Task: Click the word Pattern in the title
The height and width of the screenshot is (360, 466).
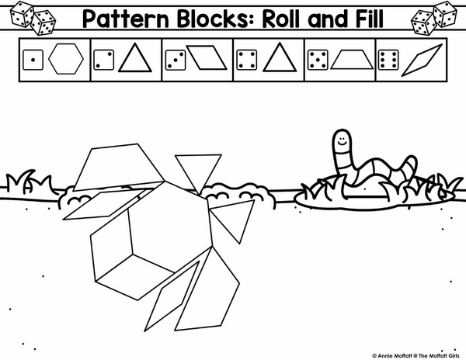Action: click(x=126, y=19)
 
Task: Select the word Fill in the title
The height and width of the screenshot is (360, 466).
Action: click(x=367, y=19)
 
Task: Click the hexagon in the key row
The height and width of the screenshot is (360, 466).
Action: click(x=66, y=59)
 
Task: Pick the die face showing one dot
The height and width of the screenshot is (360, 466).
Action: click(x=33, y=60)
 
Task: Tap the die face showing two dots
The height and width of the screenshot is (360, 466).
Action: click(x=104, y=60)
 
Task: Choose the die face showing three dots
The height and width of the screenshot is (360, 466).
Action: click(x=176, y=60)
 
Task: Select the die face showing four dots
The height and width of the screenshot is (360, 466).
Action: click(x=247, y=60)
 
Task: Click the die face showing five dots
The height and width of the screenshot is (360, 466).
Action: click(x=318, y=60)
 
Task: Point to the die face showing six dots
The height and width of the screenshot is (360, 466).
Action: click(x=388, y=60)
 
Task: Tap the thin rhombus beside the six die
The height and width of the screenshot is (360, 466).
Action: click(x=422, y=61)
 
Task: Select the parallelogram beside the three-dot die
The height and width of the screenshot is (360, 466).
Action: click(x=207, y=57)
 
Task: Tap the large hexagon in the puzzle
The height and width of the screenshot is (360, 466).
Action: click(x=166, y=226)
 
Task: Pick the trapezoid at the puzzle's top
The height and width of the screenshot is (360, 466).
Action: click(x=119, y=168)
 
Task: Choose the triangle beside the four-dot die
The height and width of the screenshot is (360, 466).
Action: click(x=280, y=57)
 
